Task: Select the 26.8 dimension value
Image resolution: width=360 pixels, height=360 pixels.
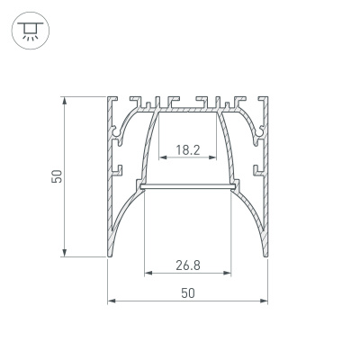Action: tap(187, 265)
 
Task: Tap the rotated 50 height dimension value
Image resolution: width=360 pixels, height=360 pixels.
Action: tap(56, 176)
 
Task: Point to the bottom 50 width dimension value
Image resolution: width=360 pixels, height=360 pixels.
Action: tap(188, 292)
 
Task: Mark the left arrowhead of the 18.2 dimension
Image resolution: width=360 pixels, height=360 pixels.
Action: tap(162, 157)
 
